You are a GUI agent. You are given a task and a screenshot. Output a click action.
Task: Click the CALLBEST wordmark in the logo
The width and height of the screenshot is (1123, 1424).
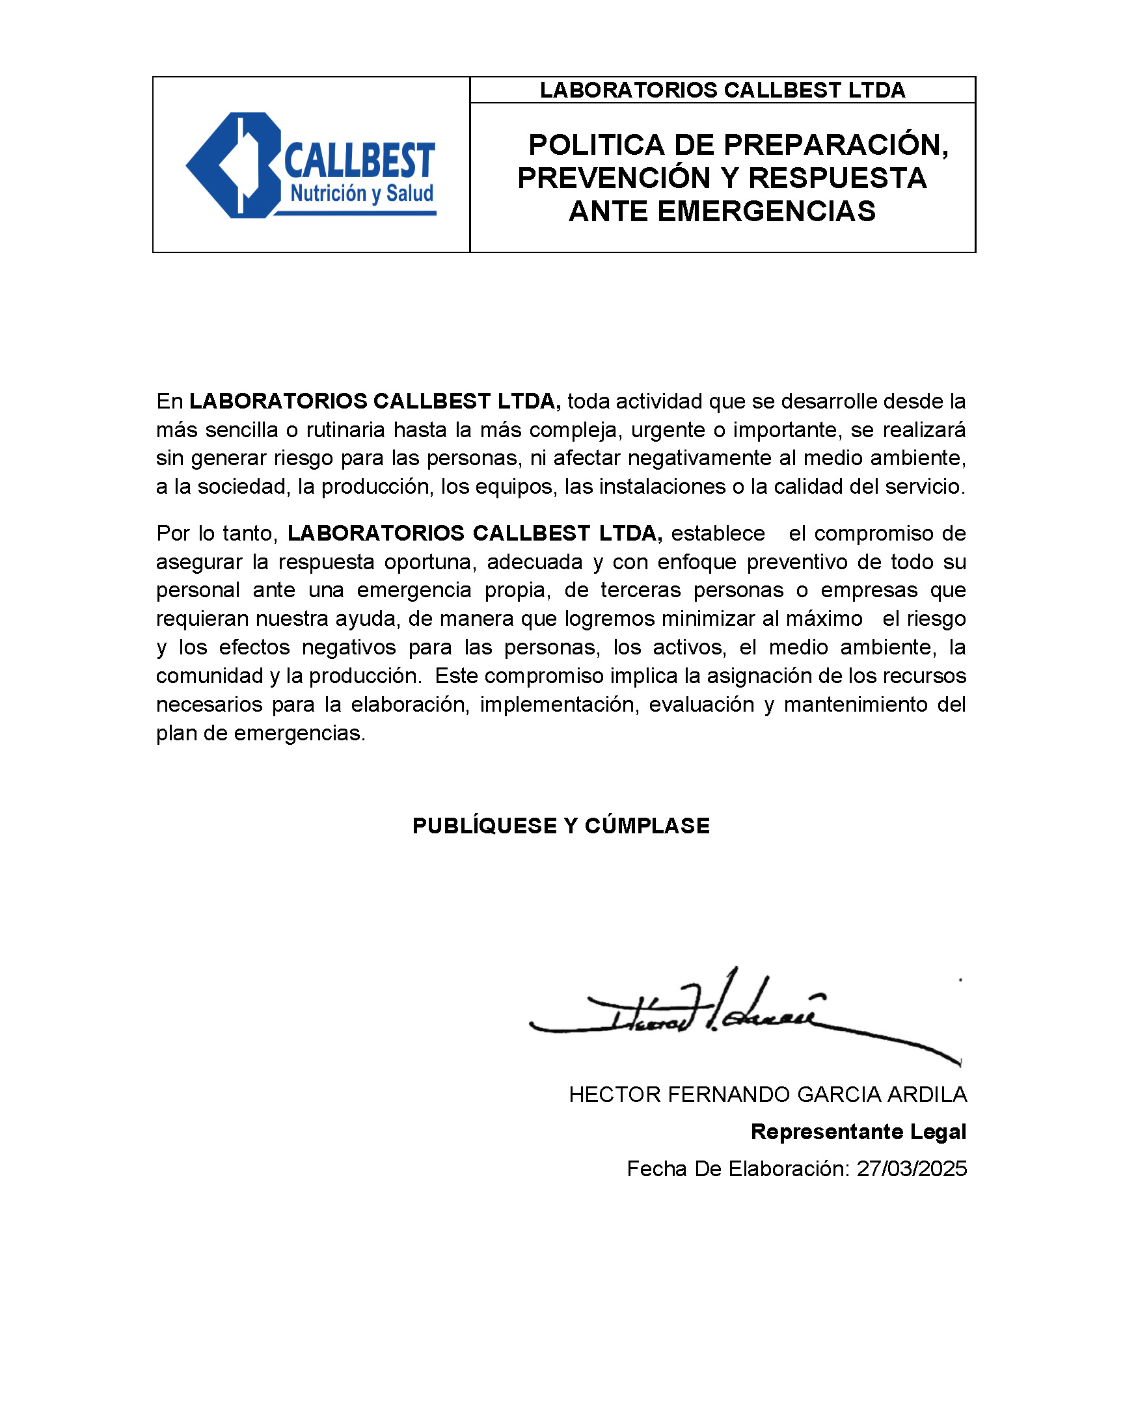[359, 161]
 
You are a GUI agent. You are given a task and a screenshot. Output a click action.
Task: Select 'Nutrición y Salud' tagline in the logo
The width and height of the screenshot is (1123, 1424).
[362, 194]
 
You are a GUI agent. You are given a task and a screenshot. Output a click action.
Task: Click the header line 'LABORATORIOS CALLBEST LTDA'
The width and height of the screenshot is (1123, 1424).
[722, 90]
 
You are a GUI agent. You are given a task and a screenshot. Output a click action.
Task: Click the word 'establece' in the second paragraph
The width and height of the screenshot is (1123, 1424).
[718, 533]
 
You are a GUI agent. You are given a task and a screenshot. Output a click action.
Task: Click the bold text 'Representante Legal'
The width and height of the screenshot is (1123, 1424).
[858, 1131]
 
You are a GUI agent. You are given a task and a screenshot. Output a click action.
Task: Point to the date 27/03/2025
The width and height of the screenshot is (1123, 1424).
[912, 1168]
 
